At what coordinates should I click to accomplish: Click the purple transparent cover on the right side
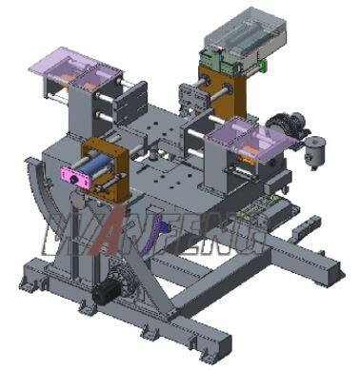click(x=250, y=140)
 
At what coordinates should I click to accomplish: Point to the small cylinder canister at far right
click(x=313, y=149)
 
